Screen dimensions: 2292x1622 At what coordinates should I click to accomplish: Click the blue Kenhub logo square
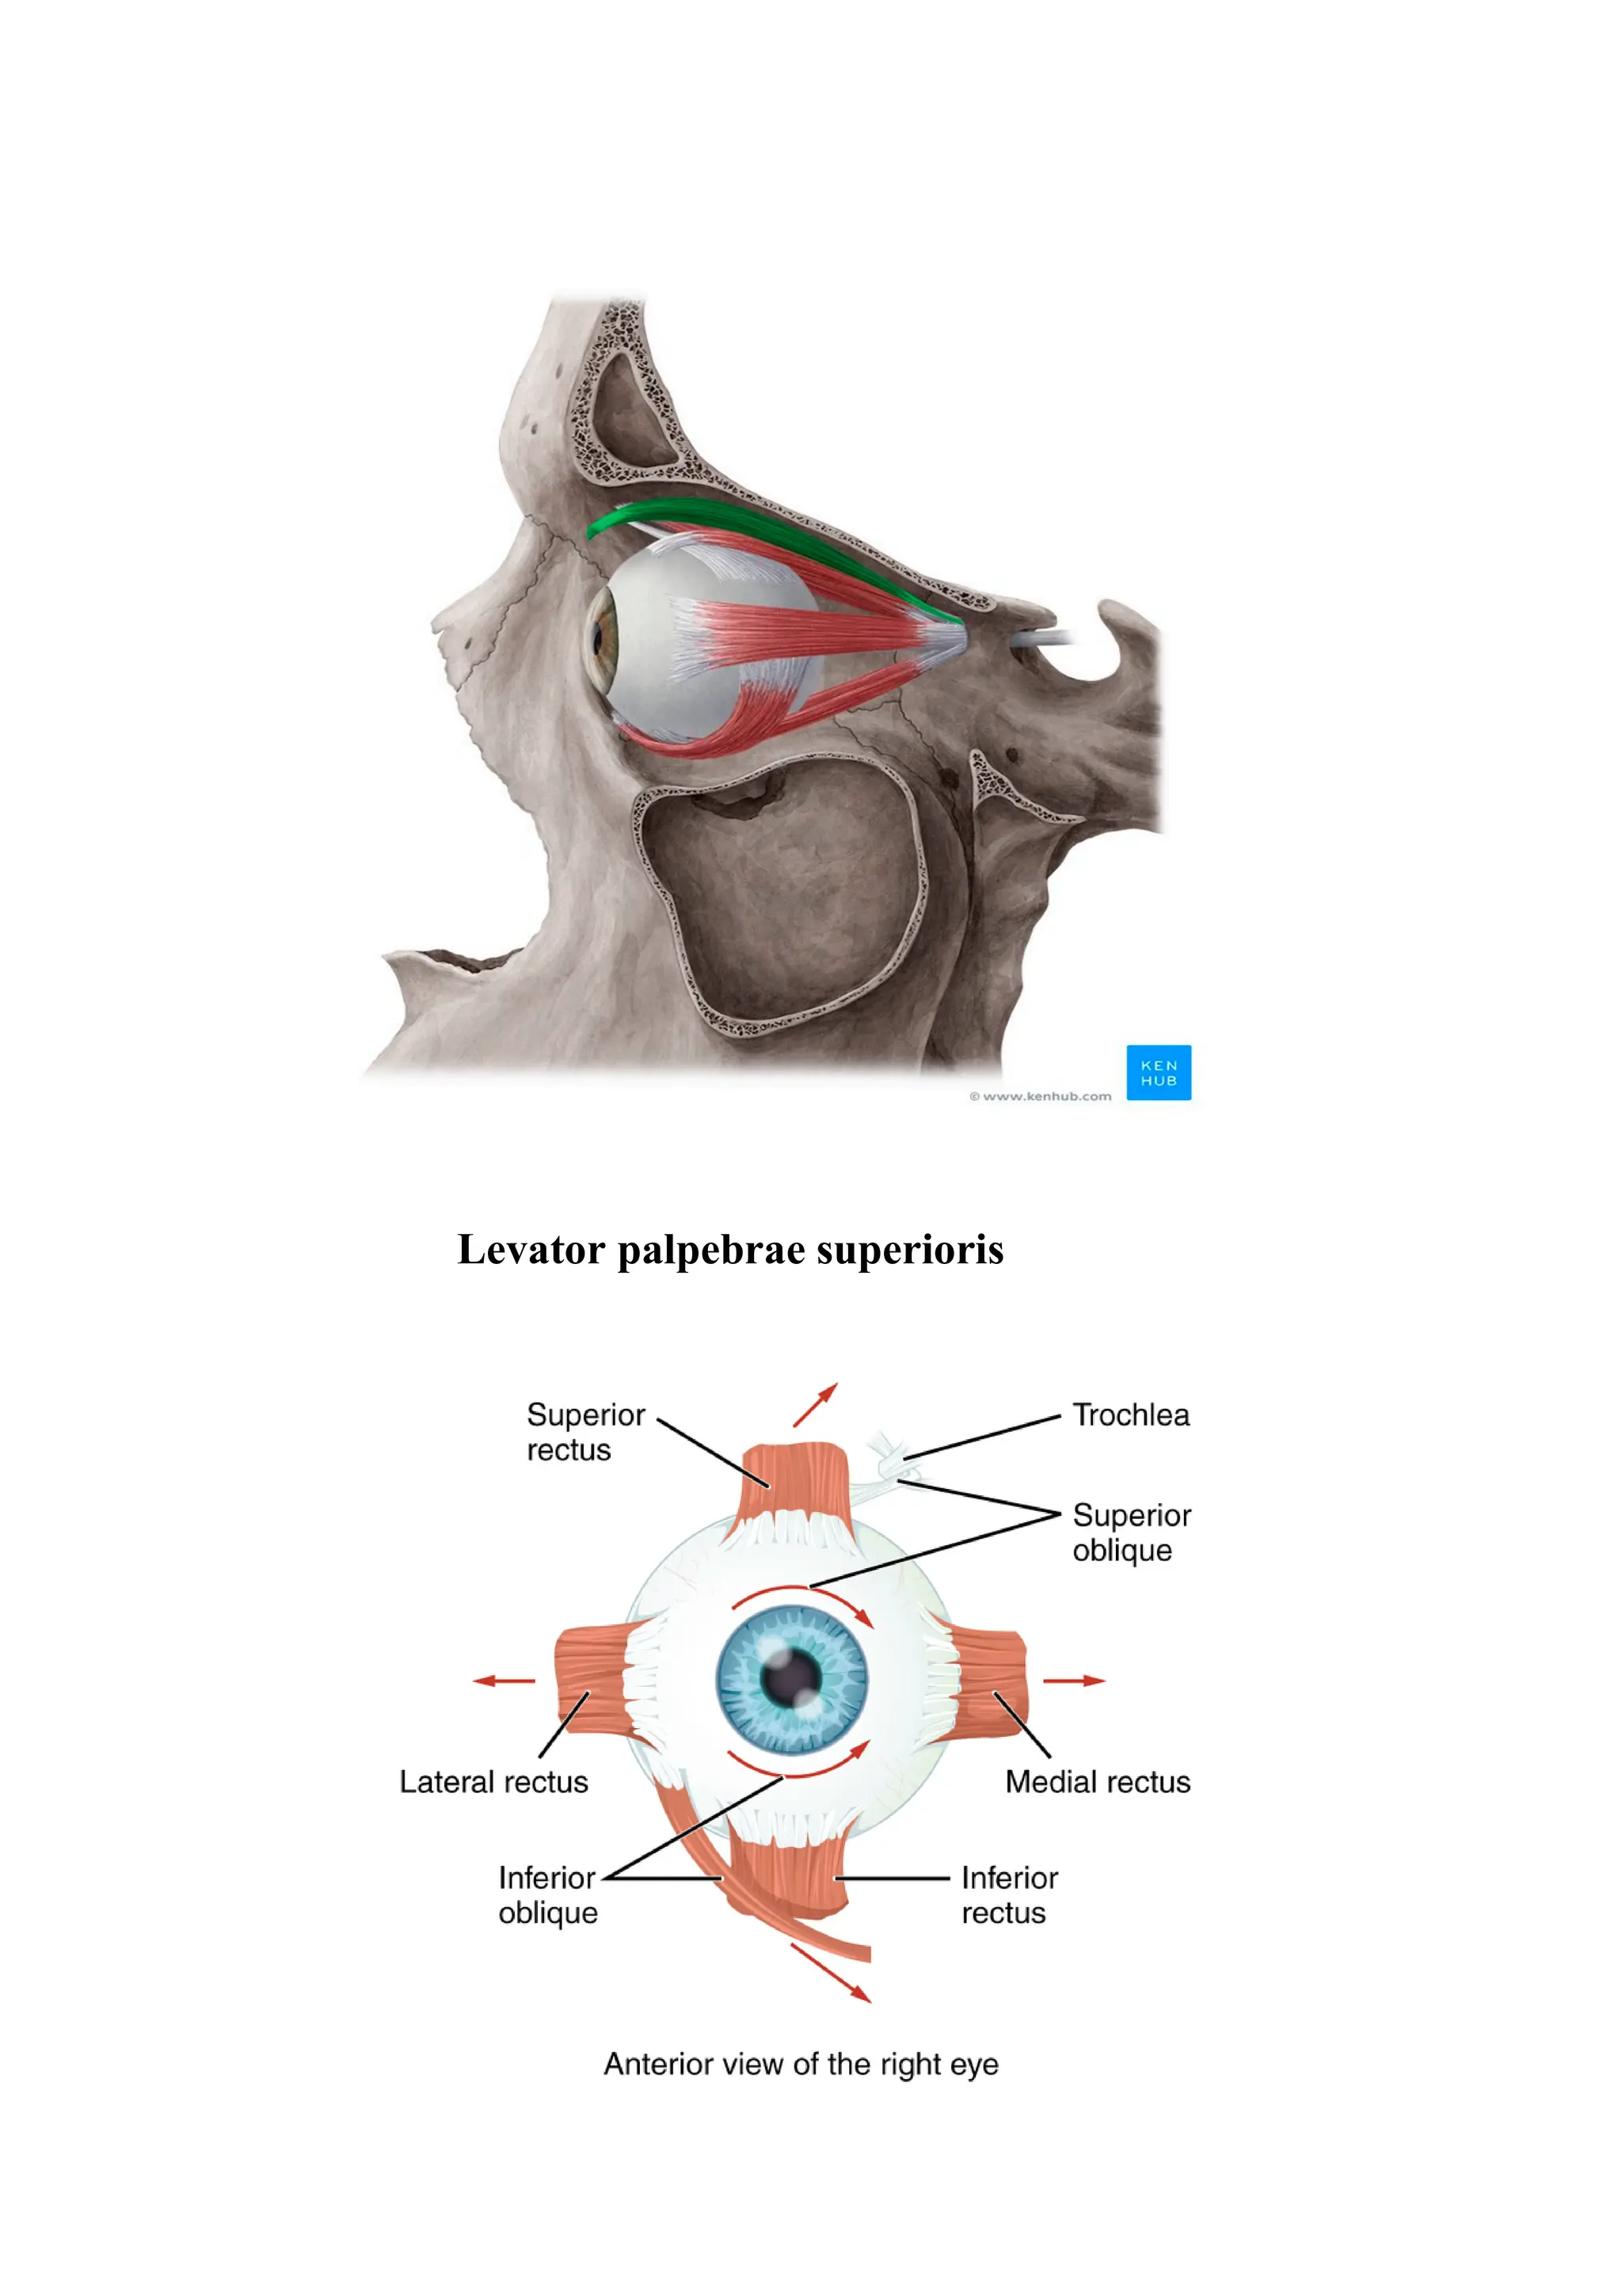pyautogui.click(x=1158, y=1072)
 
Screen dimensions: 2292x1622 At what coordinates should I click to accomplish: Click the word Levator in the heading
pyautogui.click(x=531, y=1250)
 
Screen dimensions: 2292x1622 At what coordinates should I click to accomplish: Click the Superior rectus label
pyautogui.click(x=585, y=1432)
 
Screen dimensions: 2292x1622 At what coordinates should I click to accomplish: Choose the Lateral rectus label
pyautogui.click(x=493, y=1782)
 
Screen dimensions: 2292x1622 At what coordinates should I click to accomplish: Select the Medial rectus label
pyautogui.click(x=1097, y=1782)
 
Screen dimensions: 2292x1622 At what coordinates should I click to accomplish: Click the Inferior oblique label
pyautogui.click(x=547, y=1894)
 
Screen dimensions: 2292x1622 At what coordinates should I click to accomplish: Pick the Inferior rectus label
pyautogui.click(x=1009, y=1894)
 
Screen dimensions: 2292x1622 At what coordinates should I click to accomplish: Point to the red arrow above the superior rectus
pyautogui.click(x=815, y=1404)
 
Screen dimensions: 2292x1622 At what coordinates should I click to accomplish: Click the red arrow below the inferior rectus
pyautogui.click(x=831, y=1972)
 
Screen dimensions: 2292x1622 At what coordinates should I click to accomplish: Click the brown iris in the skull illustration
pyautogui.click(x=601, y=635)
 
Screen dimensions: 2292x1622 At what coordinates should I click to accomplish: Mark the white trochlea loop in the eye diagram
pyautogui.click(x=887, y=1458)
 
